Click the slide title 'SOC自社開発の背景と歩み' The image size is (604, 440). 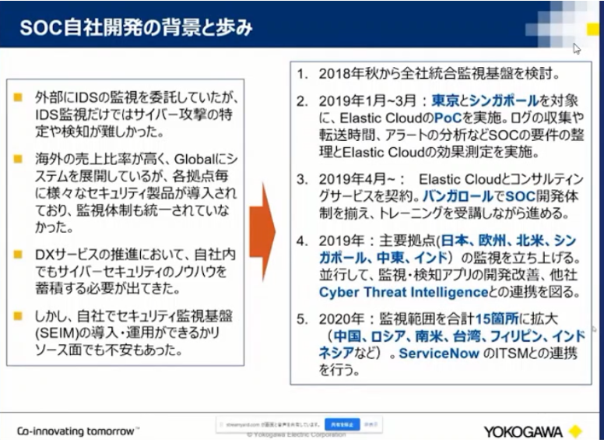(136, 29)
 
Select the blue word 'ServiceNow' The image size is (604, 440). (435, 353)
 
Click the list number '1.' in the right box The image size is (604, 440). (303, 76)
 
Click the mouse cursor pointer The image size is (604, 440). (576, 48)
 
